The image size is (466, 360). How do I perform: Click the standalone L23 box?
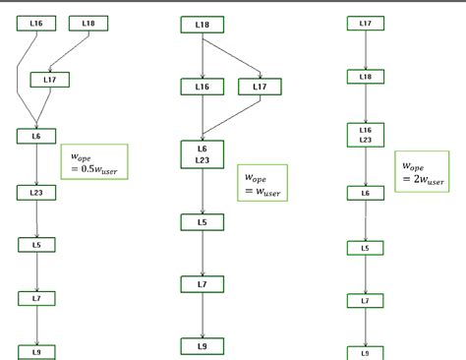click(x=36, y=195)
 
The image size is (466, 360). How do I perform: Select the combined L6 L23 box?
click(x=203, y=153)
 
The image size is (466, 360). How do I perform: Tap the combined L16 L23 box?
click(x=366, y=135)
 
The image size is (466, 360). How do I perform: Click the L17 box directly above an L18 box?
click(x=366, y=23)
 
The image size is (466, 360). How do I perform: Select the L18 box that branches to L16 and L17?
click(x=203, y=24)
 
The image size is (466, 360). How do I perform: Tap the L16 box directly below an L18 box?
click(x=203, y=87)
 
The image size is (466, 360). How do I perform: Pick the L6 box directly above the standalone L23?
click(x=36, y=136)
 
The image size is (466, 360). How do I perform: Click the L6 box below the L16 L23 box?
click(x=366, y=194)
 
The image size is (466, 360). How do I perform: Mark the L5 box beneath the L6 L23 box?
click(x=203, y=222)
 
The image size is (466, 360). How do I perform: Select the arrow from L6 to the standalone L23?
click(x=36, y=165)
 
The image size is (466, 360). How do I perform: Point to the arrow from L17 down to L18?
click(x=366, y=49)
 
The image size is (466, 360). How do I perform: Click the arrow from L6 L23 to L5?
click(x=203, y=191)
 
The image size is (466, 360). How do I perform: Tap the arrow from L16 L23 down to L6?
click(x=366, y=167)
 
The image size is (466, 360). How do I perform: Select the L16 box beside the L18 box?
click(x=36, y=23)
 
